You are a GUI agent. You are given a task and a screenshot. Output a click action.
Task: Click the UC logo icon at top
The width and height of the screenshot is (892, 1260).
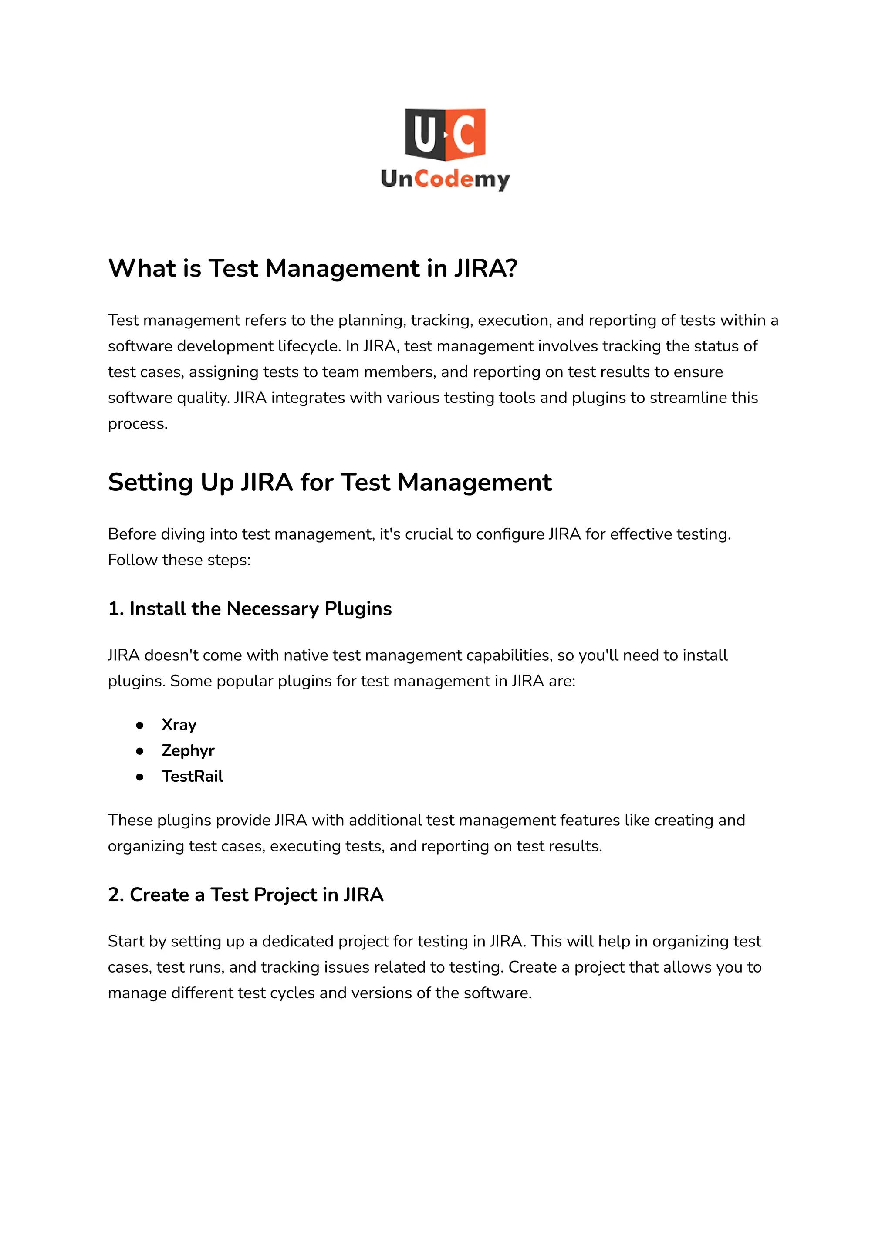(446, 134)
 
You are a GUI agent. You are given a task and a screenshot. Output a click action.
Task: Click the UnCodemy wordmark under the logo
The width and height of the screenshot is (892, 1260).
(446, 179)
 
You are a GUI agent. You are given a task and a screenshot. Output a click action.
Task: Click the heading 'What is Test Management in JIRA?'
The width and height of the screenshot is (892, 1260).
(313, 269)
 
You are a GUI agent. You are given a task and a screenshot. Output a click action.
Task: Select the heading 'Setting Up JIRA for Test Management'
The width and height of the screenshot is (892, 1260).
(330, 482)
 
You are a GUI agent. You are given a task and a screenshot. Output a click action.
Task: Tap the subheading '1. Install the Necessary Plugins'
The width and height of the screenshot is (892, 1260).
(250, 608)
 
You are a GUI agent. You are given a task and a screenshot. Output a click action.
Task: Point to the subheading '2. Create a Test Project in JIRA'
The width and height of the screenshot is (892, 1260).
(246, 895)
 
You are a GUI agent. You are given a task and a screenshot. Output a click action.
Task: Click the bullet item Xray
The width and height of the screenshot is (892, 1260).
(179, 725)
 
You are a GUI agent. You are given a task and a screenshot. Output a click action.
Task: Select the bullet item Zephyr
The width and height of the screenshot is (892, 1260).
(188, 750)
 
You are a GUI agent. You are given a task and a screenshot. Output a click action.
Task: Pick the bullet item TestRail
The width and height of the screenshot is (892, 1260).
(192, 776)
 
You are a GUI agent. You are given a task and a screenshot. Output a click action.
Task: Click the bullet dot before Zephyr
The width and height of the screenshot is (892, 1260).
(140, 751)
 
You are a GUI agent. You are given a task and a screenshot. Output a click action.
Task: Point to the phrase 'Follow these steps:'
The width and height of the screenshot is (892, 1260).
(179, 560)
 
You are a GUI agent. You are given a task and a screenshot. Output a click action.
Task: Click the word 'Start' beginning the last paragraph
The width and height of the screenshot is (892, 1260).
(126, 942)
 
